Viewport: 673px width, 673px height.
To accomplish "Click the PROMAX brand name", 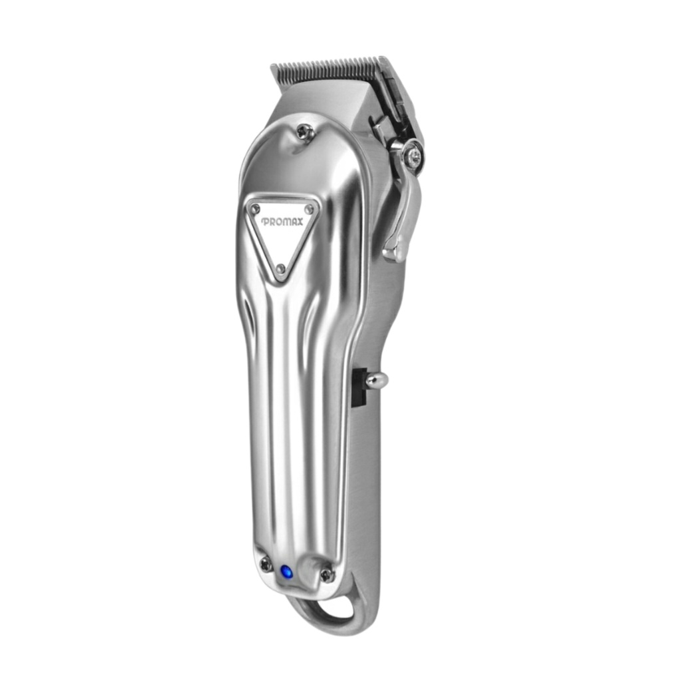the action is pyautogui.click(x=282, y=221).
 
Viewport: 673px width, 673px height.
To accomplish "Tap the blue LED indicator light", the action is pyautogui.click(x=285, y=572).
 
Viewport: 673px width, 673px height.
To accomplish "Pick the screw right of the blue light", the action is pyautogui.click(x=327, y=573).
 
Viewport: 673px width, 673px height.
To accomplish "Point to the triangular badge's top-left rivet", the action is pyautogui.click(x=256, y=208).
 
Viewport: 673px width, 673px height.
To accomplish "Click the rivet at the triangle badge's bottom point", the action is pyautogui.click(x=281, y=268).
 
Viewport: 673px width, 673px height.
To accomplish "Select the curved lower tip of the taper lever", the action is pyautogui.click(x=393, y=253).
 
